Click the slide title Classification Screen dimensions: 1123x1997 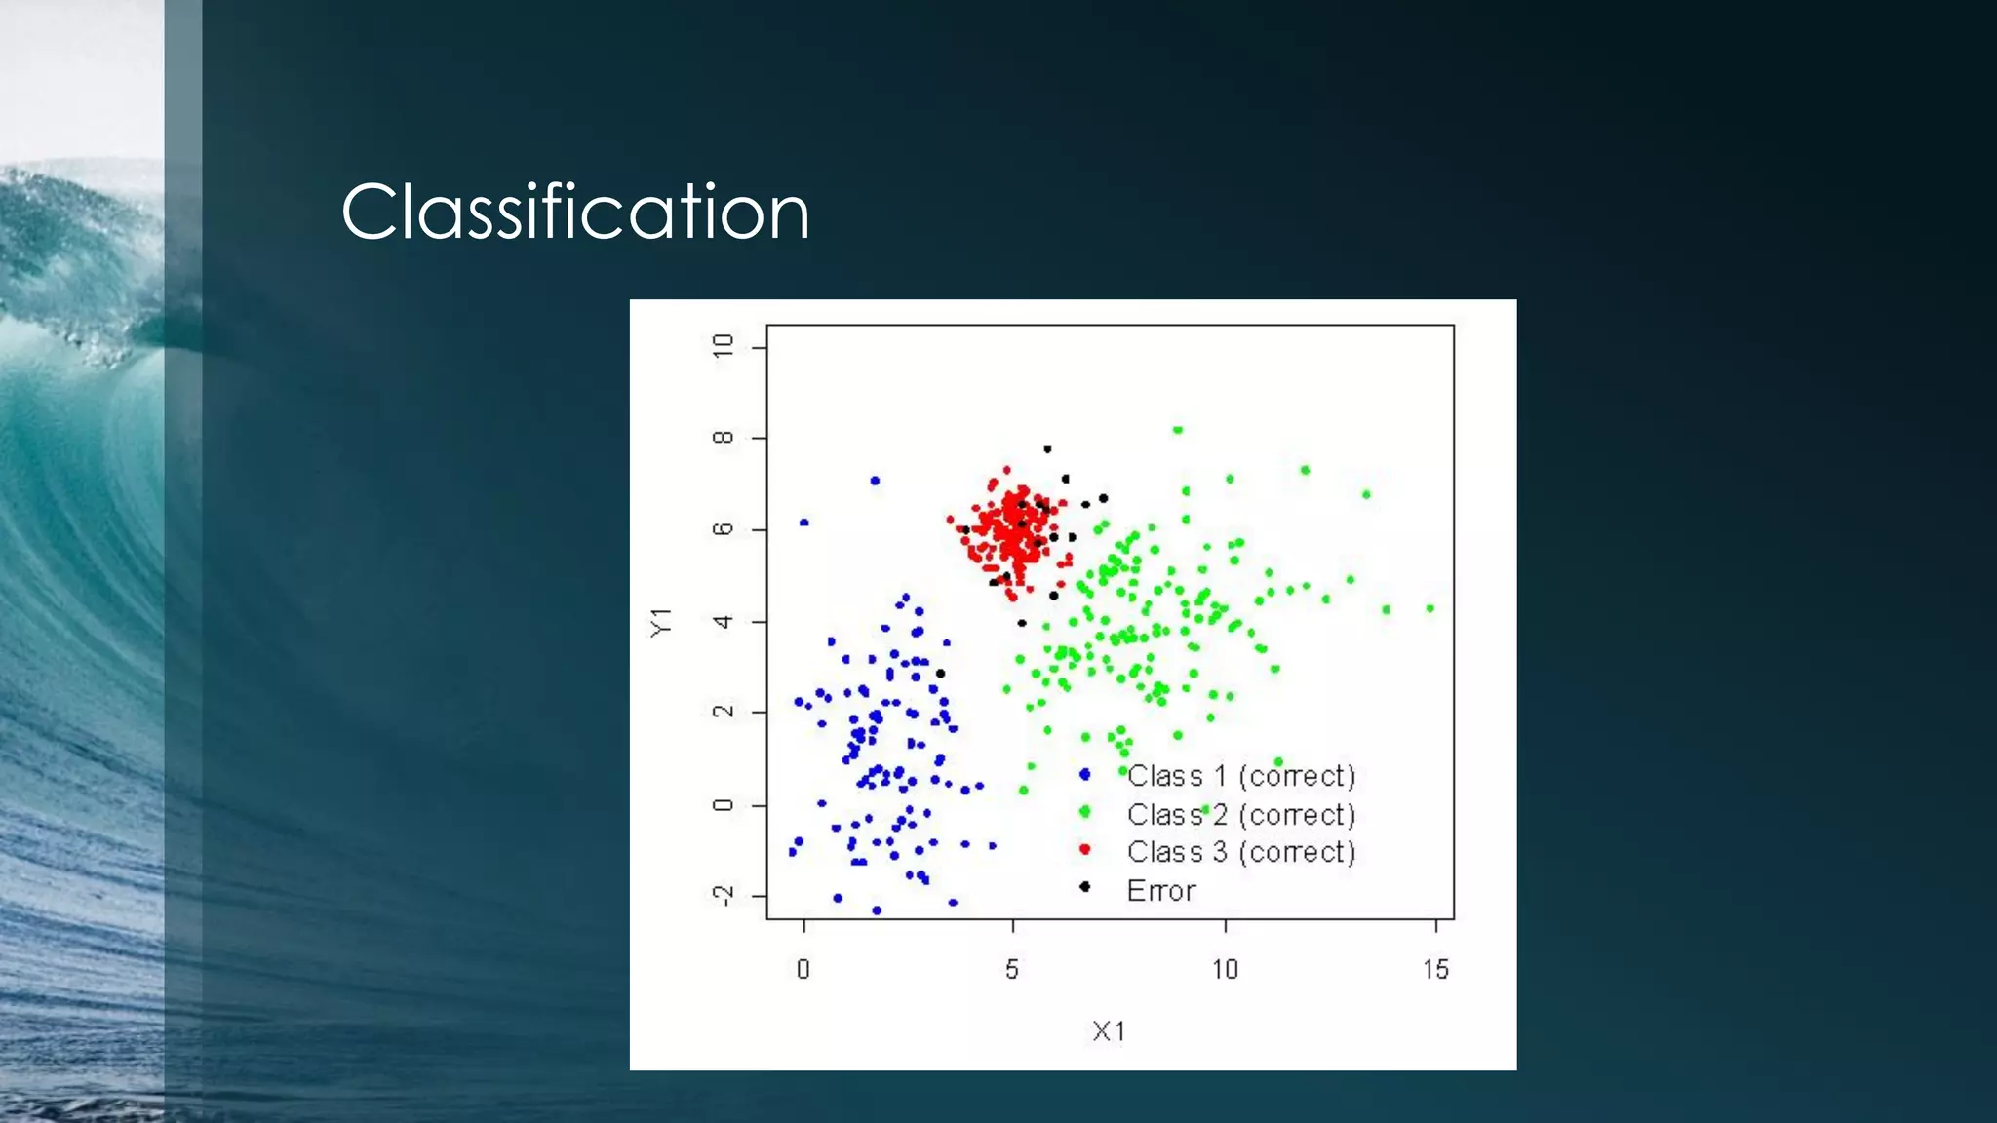575,212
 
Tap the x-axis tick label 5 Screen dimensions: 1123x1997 1012,969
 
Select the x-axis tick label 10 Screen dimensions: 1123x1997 1225,969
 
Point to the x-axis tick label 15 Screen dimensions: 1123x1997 1435,969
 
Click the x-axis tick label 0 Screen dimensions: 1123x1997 803,969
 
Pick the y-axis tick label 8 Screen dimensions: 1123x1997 723,438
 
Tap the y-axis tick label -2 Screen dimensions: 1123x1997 723,896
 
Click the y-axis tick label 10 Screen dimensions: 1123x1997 723,346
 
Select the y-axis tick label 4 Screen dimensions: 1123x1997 723,621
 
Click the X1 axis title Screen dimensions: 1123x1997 1109,1030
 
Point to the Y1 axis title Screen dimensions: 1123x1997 661,621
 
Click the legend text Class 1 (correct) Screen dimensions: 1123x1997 1241,776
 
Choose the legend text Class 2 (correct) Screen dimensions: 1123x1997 1241,814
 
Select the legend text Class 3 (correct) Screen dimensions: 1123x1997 1241,852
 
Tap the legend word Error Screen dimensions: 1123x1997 1160,890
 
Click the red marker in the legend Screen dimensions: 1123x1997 1084,849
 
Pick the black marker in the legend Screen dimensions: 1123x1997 1084,886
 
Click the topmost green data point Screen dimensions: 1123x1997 1178,430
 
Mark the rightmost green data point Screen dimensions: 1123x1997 1429,608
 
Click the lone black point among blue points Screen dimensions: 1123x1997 940,674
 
